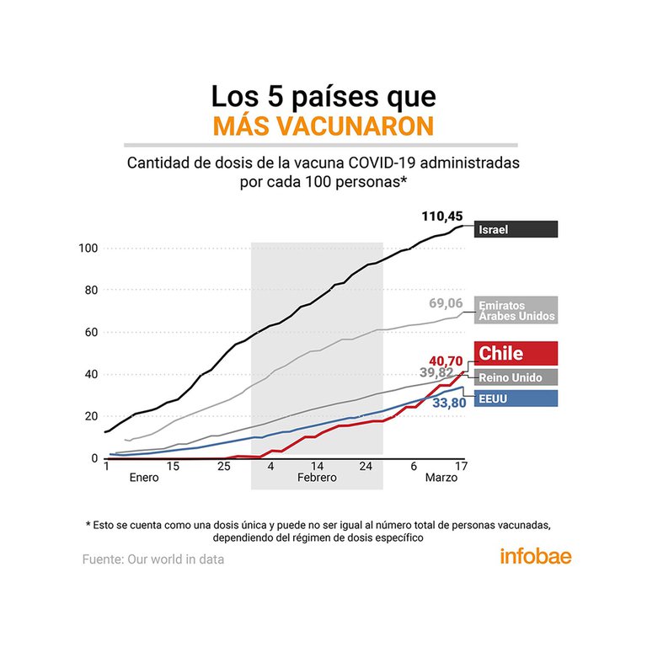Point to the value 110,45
pyautogui.click(x=442, y=217)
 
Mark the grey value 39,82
pyautogui.click(x=436, y=372)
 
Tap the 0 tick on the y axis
pyautogui.click(x=95, y=458)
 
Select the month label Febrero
pyautogui.click(x=317, y=478)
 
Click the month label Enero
pyautogui.click(x=144, y=478)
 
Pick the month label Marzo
pyautogui.click(x=441, y=478)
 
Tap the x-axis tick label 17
pyautogui.click(x=461, y=466)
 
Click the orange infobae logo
pyautogui.click(x=535, y=557)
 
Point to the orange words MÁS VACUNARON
pyautogui.click(x=323, y=126)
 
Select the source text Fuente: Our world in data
pyautogui.click(x=153, y=559)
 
